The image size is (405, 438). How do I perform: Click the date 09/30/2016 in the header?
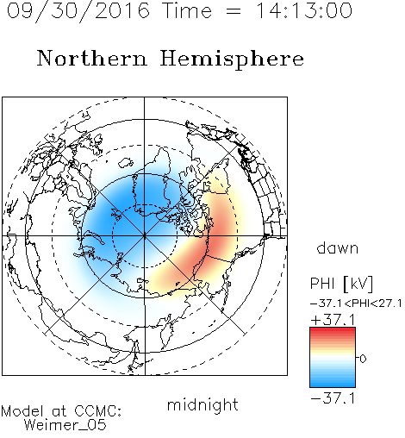pyautogui.click(x=78, y=11)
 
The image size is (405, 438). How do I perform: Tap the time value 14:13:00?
pyautogui.click(x=304, y=10)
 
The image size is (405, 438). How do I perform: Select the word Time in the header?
pyautogui.click(x=187, y=10)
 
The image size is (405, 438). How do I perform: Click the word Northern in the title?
pyautogui.click(x=92, y=59)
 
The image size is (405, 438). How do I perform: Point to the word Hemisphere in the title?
pyautogui.click(x=232, y=59)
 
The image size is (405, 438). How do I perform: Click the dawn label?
pyautogui.click(x=338, y=247)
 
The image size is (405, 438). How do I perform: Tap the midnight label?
pyautogui.click(x=202, y=404)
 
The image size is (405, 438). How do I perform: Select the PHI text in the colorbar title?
pyautogui.click(x=322, y=284)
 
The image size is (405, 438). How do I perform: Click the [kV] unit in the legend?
pyautogui.click(x=358, y=284)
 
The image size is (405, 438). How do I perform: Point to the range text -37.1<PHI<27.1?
pyautogui.click(x=356, y=303)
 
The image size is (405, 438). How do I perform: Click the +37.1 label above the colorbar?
pyautogui.click(x=333, y=320)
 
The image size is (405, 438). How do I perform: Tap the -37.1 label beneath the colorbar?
pyautogui.click(x=333, y=398)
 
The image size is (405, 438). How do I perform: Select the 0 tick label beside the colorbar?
pyautogui.click(x=363, y=359)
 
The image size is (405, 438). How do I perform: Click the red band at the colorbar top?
pyautogui.click(x=333, y=331)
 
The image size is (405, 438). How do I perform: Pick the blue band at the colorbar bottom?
pyautogui.click(x=333, y=384)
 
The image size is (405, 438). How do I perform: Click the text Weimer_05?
pyautogui.click(x=65, y=424)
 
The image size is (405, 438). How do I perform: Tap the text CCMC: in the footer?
pyautogui.click(x=98, y=411)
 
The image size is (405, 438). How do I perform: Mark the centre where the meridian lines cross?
pyautogui.click(x=145, y=236)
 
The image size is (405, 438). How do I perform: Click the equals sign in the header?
pyautogui.click(x=234, y=11)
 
